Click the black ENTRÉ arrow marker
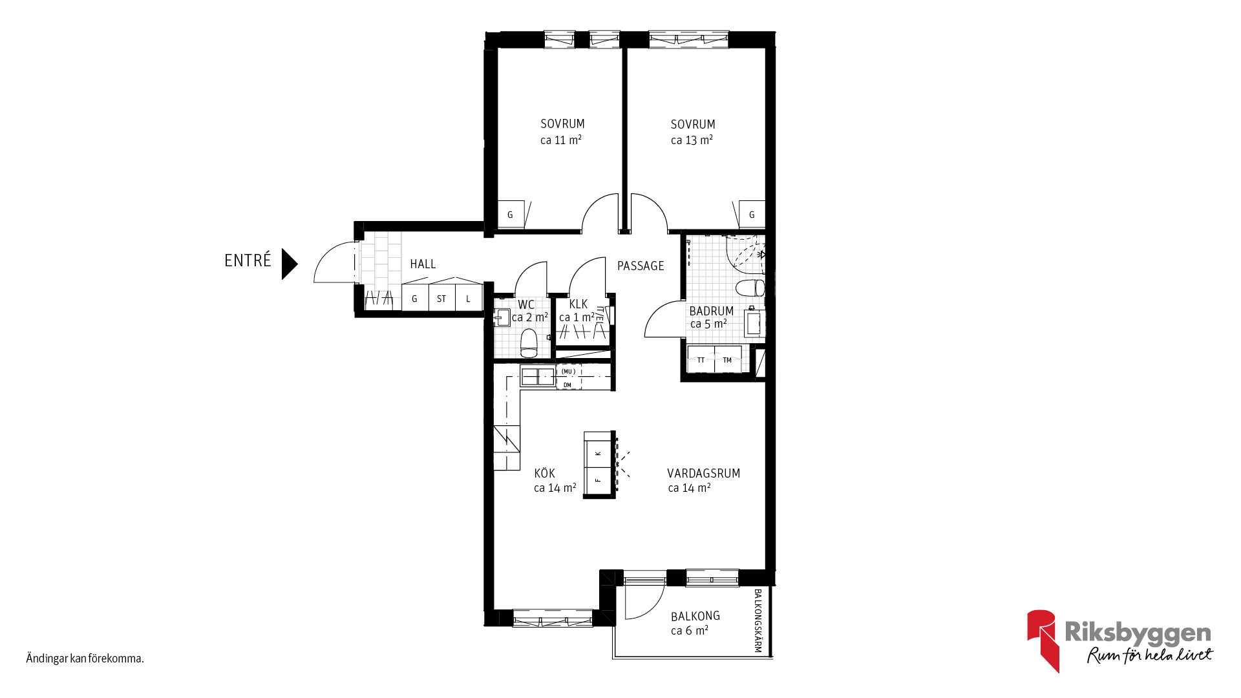(289, 264)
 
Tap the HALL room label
(423, 264)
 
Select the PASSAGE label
(641, 266)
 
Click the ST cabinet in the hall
(441, 298)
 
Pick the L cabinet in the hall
(469, 298)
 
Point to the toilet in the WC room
(529, 343)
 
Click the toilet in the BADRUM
(751, 288)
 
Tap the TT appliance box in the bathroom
(701, 360)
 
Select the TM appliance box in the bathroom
(728, 360)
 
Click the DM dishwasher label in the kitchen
(567, 385)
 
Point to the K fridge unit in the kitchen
(599, 453)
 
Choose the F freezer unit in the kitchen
(599, 480)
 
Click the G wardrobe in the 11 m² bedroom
(511, 215)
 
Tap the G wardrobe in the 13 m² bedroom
(752, 215)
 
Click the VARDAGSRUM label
(704, 473)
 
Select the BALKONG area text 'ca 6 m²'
(690, 630)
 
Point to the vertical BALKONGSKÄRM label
(758, 620)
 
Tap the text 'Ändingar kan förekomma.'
(85, 659)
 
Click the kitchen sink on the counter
(538, 376)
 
